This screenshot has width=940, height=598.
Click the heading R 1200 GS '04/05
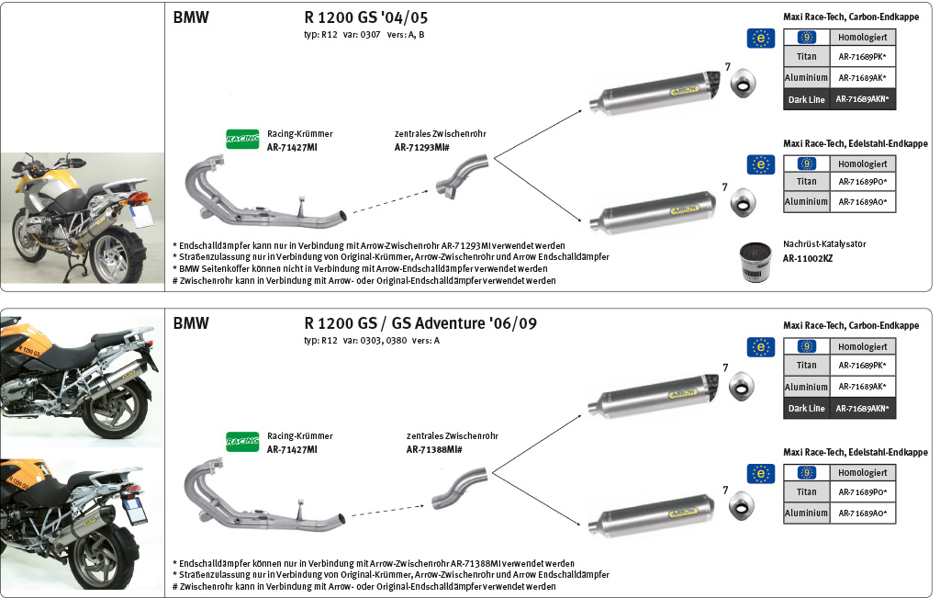point(365,17)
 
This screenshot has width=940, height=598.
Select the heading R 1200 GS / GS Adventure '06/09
point(420,323)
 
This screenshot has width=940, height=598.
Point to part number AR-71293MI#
point(421,147)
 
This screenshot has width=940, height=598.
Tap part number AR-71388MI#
point(433,450)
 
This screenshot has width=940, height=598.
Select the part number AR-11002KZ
point(808,259)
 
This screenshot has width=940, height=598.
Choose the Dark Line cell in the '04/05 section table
point(806,99)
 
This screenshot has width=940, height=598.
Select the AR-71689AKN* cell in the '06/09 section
point(862,408)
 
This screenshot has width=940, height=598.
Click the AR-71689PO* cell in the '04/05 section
point(862,181)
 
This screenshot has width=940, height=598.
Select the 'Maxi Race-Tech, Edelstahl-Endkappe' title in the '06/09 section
point(855,452)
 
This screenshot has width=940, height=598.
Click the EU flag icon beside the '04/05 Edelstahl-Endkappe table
point(760,164)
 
